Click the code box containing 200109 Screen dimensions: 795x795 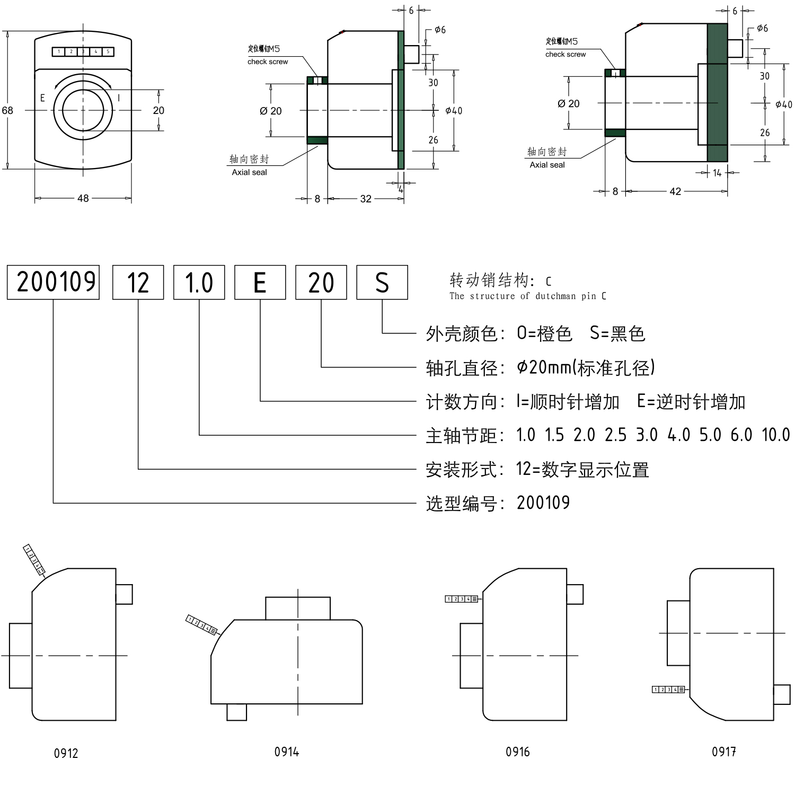[53, 282]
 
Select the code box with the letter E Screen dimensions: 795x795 [260, 282]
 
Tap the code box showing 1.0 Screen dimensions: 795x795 [199, 282]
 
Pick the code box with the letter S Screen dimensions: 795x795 [382, 282]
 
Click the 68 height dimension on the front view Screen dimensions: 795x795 [7, 110]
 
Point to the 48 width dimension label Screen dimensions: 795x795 [83, 198]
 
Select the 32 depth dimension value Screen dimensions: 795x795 [366, 199]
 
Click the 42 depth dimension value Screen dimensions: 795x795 [675, 191]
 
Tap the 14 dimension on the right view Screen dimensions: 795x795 [717, 173]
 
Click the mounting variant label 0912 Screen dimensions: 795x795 [66, 753]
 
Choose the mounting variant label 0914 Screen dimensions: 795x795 [287, 752]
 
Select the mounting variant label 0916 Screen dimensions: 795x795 [518, 752]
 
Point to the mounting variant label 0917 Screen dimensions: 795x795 [724, 752]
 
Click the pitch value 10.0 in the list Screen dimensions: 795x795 [776, 435]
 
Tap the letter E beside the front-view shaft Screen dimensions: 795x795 [42, 98]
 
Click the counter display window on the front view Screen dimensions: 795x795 [83, 51]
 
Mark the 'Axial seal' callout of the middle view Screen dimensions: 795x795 [249, 172]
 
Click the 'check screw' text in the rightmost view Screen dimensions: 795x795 [566, 54]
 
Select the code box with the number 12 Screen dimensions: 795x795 [138, 282]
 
